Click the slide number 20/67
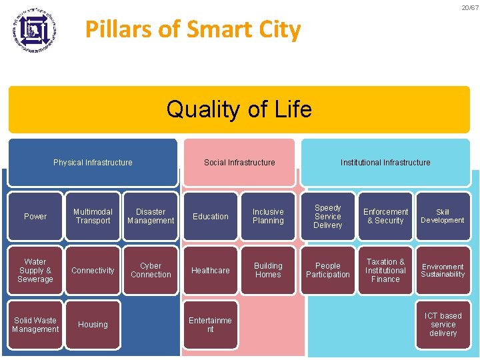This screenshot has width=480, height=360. coord(470,8)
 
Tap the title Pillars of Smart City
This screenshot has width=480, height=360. coord(193,29)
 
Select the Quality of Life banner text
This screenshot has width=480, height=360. coord(239,109)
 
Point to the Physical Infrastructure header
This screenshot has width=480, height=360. coord(93,162)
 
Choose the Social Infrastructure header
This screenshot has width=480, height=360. coord(239,162)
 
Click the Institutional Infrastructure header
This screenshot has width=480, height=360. coord(385,162)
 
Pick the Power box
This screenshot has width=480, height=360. coord(35,216)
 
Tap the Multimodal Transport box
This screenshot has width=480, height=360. coord(93,216)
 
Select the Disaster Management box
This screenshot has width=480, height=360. coord(151,216)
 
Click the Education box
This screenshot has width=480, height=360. coord(211,216)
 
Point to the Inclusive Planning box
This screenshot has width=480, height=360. coord(268,216)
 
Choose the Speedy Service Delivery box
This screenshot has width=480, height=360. coord(328,216)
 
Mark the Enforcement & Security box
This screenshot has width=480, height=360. coord(385,216)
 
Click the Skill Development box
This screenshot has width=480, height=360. coord(443,216)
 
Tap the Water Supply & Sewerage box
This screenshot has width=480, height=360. coord(35,270)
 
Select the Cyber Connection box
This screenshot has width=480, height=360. coord(151,270)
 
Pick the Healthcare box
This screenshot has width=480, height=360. coord(211,270)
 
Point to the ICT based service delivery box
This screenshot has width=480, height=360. coord(443,325)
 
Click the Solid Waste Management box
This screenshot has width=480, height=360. coord(35,325)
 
